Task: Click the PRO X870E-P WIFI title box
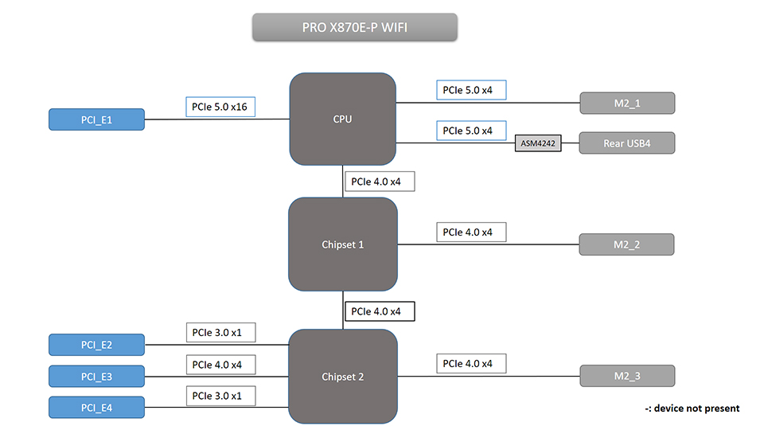355,27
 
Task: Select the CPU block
342,119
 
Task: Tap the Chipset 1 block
342,244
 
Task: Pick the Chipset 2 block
342,376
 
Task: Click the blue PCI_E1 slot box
96,119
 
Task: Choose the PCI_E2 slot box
96,345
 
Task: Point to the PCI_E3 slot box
96,376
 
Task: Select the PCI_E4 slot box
96,407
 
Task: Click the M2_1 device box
626,104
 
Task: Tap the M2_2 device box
626,244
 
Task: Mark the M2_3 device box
626,376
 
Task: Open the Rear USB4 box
626,143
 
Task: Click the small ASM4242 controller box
538,144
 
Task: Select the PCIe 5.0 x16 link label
220,107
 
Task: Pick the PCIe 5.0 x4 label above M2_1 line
471,90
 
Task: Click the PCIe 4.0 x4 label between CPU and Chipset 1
379,182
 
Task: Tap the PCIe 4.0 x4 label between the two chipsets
379,311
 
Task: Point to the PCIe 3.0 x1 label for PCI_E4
220,395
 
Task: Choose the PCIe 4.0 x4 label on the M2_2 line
471,232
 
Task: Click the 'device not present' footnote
692,408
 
